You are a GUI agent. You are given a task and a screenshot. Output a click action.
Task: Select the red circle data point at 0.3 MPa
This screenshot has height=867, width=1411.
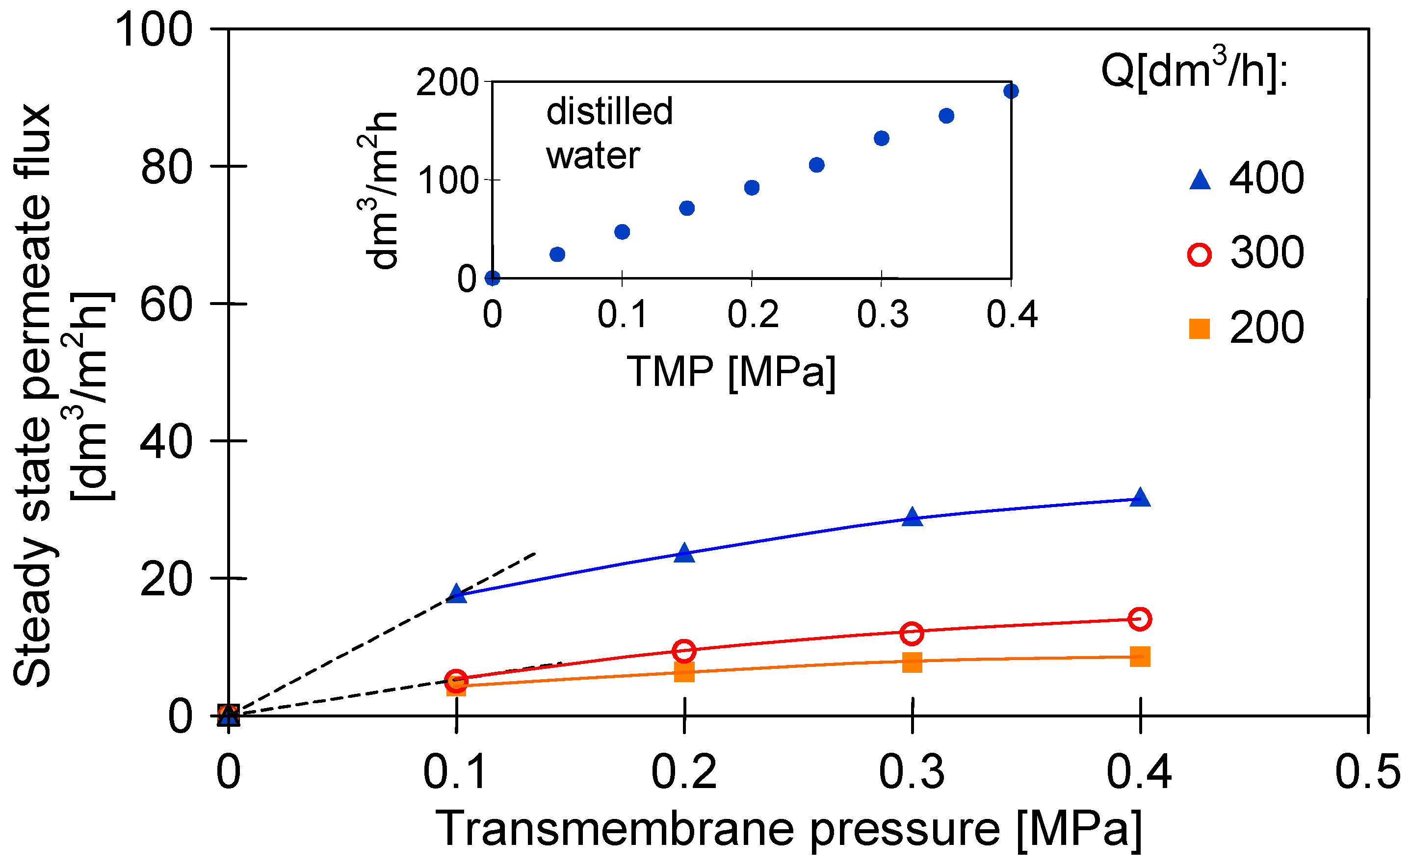point(912,634)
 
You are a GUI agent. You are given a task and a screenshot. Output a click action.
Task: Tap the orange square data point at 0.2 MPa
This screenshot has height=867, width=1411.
point(684,671)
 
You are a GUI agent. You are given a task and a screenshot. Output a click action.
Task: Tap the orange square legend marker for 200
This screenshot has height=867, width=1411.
point(1200,329)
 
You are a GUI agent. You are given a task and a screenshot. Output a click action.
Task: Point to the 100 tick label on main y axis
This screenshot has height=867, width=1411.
point(154,30)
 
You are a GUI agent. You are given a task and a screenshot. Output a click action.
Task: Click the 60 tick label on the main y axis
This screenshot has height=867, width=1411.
point(166,305)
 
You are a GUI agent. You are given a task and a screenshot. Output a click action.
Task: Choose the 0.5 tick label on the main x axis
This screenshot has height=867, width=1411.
point(1367,772)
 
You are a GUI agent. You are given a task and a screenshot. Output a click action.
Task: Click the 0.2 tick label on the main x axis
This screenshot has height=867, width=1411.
point(684,772)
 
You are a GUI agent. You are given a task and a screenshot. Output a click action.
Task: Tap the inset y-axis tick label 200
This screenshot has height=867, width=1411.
point(447,82)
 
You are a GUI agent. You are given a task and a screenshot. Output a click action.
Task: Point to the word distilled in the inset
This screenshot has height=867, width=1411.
point(609,111)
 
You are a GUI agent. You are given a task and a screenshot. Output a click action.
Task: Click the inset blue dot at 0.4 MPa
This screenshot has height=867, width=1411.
point(1011,91)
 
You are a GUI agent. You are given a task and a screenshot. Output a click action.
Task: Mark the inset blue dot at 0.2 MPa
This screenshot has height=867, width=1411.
point(752,187)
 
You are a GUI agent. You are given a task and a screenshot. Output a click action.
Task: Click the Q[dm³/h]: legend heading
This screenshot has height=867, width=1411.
point(1194,72)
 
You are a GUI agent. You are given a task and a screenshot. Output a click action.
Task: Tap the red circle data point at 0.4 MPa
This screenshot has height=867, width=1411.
point(1140,619)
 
